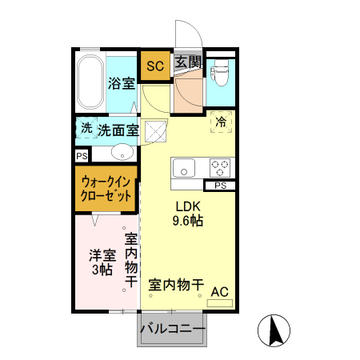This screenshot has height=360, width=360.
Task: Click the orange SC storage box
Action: (154, 66)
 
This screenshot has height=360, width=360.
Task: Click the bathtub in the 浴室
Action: (90, 83)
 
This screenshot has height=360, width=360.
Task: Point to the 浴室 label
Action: (122, 83)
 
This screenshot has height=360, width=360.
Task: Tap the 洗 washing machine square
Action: (86, 129)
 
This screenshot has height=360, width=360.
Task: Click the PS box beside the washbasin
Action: (82, 156)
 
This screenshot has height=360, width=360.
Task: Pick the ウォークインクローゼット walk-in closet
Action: (105, 190)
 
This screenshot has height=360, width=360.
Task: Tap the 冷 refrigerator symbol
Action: (221, 121)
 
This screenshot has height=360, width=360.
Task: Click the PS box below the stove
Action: (219, 186)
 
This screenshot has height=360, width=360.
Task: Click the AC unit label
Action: (219, 293)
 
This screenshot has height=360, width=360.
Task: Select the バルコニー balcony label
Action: (173, 327)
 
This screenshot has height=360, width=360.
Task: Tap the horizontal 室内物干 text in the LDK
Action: (176, 284)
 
